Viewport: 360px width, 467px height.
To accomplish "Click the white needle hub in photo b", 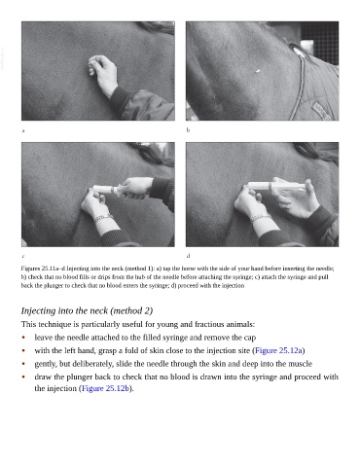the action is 258,71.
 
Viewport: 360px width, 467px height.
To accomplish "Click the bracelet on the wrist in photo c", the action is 102,218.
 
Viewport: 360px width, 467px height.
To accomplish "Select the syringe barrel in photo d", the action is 275,186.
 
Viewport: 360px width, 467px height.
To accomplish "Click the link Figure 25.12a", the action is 278,350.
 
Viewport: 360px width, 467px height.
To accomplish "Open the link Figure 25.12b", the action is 105,388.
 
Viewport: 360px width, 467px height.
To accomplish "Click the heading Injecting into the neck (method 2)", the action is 87,310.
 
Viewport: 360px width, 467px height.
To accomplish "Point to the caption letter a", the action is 23,130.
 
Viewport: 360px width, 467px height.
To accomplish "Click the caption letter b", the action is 188,130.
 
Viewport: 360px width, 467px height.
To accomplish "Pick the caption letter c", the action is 23,256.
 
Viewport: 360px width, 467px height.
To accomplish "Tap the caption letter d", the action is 188,256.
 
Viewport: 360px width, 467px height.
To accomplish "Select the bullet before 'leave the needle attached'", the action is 23,338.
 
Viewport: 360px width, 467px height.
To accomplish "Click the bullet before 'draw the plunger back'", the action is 23,377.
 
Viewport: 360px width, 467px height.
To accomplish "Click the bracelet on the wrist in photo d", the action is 261,218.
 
